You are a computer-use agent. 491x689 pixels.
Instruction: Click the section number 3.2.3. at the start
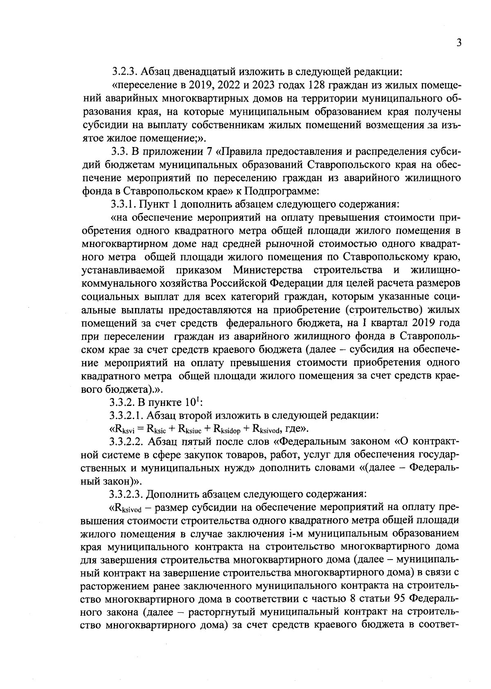pyautogui.click(x=125, y=72)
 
